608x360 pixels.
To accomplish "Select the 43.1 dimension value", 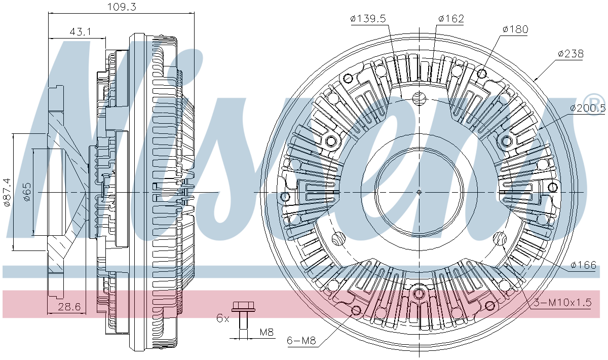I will click(80, 31).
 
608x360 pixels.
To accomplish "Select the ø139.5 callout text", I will click(368, 19).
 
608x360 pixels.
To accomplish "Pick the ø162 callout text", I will click(451, 19).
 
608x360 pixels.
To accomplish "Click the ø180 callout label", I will click(515, 29).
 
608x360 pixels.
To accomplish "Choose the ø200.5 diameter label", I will click(587, 108).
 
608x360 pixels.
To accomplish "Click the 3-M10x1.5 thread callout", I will click(562, 303).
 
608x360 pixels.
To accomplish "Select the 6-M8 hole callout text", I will click(301, 341).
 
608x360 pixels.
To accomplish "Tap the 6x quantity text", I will click(222, 318).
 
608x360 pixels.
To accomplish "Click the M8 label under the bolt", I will click(267, 333).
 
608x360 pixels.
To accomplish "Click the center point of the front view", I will click(419, 192).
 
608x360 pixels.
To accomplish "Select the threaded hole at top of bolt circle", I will click(420, 98).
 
